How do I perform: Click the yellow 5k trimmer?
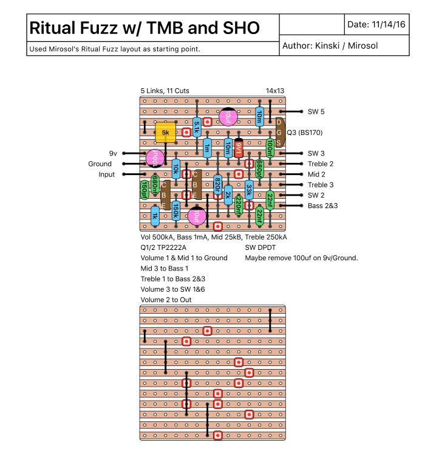tap(165, 132)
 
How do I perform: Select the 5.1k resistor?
tap(197, 126)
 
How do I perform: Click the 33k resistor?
tap(249, 190)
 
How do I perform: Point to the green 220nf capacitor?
tap(239, 206)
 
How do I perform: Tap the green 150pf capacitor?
tap(145, 189)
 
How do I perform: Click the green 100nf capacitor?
tap(270, 148)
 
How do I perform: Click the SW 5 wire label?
tap(316, 111)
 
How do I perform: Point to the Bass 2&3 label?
tap(322, 206)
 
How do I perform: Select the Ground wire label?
tap(100, 164)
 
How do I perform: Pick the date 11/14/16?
tap(389, 25)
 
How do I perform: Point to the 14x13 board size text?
tap(274, 91)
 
